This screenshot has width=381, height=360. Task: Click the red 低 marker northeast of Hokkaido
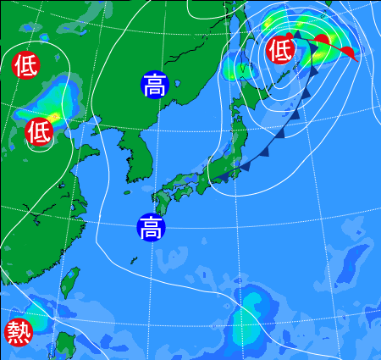280,50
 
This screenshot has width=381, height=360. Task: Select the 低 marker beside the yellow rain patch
38,131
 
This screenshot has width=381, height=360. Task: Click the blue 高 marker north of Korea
154,84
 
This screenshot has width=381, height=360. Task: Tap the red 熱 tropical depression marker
17,331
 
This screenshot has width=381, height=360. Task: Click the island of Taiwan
70,283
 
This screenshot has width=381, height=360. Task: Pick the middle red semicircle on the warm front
322,39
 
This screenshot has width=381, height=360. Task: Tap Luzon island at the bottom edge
63,347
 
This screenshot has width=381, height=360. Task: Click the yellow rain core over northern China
55,114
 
